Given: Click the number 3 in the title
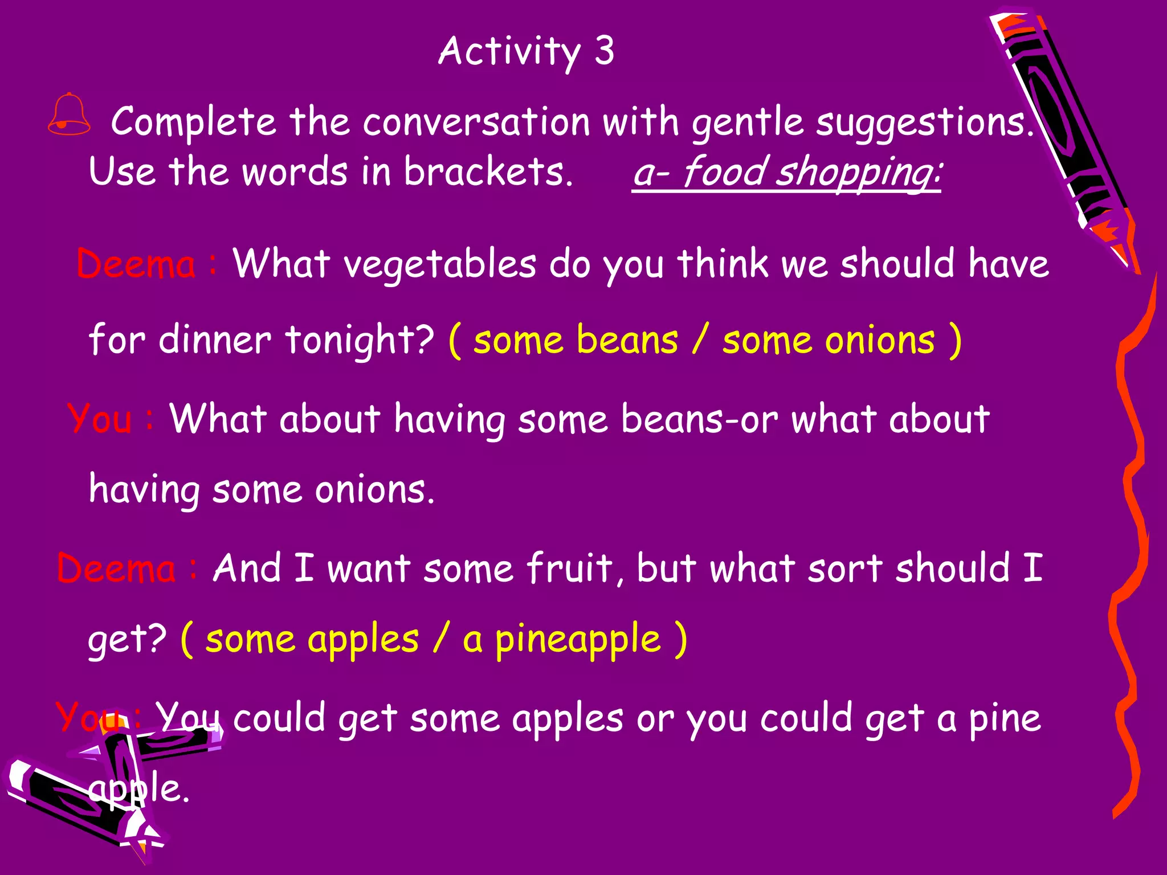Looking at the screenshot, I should [x=604, y=51].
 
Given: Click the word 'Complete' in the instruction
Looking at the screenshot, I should [x=193, y=122].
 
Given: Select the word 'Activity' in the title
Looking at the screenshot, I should [x=509, y=51].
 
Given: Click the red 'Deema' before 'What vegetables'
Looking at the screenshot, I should [x=136, y=265].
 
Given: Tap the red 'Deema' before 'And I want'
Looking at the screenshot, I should [x=116, y=568].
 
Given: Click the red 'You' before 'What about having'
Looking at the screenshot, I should [x=99, y=419].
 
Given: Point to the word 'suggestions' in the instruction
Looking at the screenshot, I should [x=923, y=122].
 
